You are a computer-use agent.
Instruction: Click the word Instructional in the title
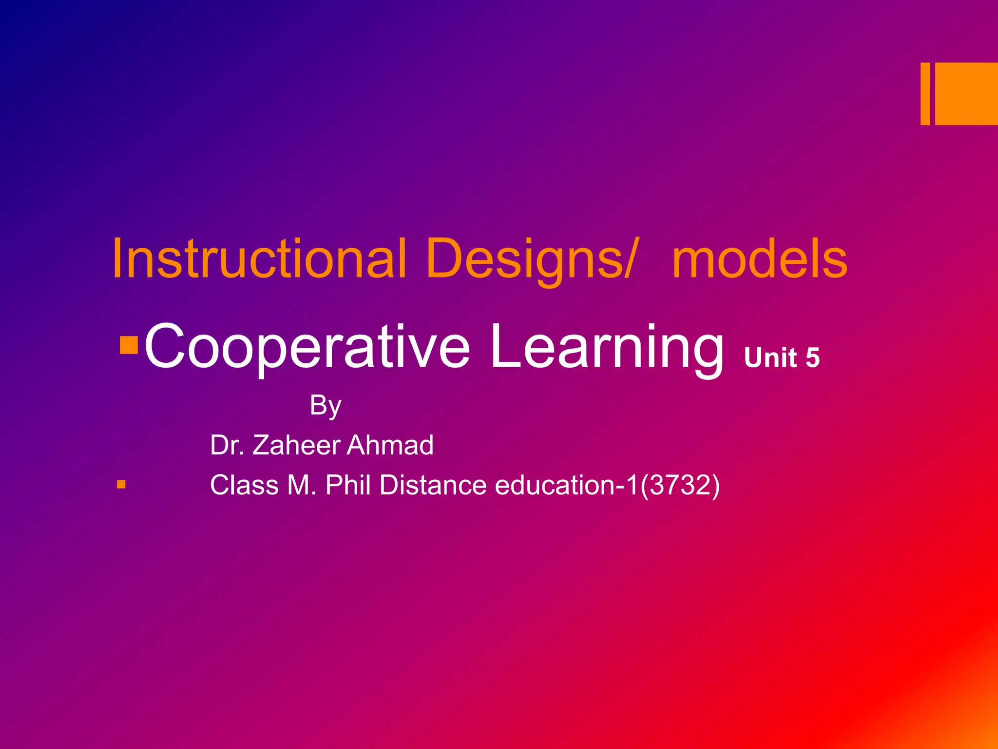259,259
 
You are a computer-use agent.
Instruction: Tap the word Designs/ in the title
531,259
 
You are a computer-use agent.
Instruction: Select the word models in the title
760,259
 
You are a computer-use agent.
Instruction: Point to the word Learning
607,347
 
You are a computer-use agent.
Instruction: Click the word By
326,406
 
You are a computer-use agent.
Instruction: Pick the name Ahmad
390,445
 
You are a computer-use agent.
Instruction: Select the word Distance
433,485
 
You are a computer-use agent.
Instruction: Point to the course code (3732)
679,486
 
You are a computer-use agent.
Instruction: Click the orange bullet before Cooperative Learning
129,345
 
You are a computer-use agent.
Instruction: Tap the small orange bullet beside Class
121,485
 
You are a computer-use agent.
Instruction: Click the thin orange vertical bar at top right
925,94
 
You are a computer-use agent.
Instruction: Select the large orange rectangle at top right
966,94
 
